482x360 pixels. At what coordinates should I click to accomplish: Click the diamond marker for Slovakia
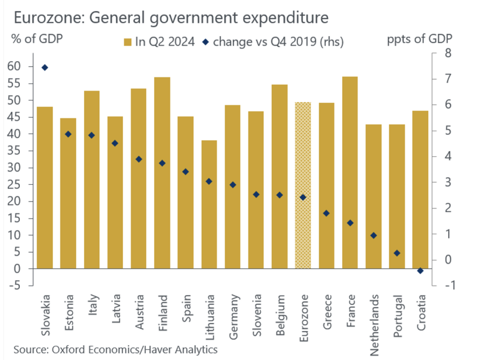click(x=45, y=68)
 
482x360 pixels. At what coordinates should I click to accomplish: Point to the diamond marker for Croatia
click(x=420, y=271)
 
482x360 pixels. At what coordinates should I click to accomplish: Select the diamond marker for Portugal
click(x=397, y=253)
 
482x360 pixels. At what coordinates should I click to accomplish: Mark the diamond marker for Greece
click(x=327, y=213)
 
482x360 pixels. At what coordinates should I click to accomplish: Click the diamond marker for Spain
click(x=186, y=172)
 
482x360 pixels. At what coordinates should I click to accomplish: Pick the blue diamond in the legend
click(x=206, y=42)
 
